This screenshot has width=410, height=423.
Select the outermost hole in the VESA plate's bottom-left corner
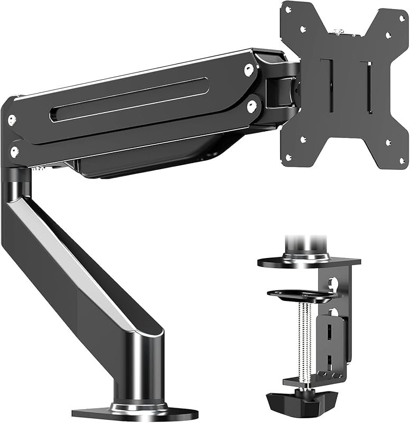(x=288, y=157)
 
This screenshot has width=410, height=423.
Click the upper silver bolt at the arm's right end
(x=248, y=69)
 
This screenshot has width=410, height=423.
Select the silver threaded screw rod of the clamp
(x=304, y=338)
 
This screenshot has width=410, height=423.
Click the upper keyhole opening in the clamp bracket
(x=333, y=283)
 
